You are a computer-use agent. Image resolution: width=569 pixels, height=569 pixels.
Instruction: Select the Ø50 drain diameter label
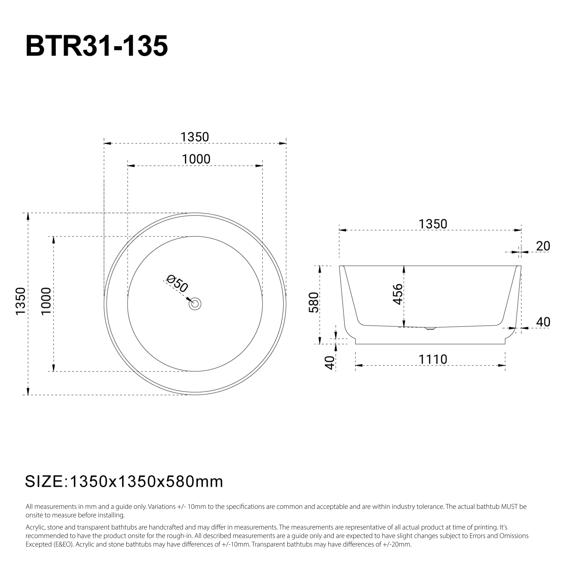click(177, 283)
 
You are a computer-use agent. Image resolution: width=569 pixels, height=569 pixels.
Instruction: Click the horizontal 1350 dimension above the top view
click(194, 137)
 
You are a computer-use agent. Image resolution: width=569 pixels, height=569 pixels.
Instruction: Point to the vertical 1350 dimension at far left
click(21, 302)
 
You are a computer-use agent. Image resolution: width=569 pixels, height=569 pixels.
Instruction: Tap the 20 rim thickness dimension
click(543, 246)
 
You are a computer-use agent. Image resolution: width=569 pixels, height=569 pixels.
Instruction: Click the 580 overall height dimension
click(314, 303)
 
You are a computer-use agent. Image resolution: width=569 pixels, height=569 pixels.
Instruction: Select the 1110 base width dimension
click(433, 360)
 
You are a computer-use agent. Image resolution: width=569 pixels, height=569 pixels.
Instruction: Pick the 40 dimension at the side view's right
click(543, 322)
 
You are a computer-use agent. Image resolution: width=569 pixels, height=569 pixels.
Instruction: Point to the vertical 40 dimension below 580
click(330, 363)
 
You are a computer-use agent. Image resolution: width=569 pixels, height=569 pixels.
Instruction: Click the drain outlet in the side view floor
click(430, 328)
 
